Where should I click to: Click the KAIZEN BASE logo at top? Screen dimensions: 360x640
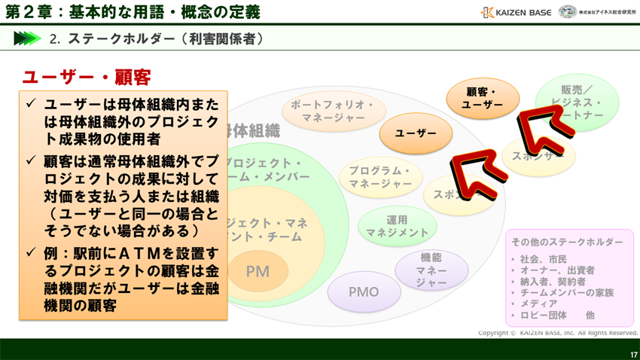tap(516, 12)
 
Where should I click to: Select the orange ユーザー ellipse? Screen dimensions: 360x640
tap(416, 133)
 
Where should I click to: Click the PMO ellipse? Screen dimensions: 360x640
tap(364, 292)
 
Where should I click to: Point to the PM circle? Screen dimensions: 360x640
tap(258, 271)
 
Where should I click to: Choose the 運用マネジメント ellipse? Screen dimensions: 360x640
tap(397, 226)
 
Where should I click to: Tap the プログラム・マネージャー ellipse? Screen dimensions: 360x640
tap(380, 177)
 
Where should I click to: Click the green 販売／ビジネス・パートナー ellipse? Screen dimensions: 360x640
tap(578, 102)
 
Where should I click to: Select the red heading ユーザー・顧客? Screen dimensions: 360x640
tap(87, 77)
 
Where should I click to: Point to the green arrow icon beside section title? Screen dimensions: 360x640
tap(26, 38)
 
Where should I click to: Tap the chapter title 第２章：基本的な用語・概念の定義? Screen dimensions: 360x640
tap(133, 12)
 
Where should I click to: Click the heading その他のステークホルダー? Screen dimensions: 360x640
tap(567, 242)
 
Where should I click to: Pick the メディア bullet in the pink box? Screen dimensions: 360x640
tap(538, 304)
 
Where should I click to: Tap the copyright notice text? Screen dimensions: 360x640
tap(557, 333)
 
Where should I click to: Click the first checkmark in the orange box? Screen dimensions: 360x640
tap(31, 103)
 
